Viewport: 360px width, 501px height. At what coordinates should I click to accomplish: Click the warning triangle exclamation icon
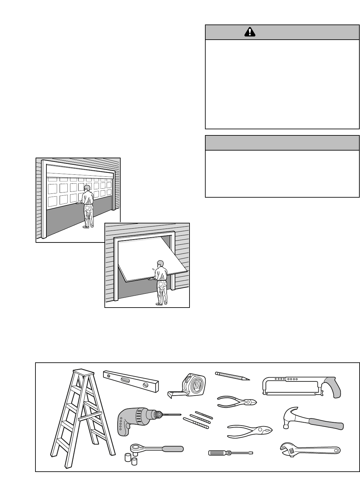point(249,32)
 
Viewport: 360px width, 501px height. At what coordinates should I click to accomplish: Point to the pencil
point(232,376)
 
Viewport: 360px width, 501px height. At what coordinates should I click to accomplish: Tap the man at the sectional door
point(87,206)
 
